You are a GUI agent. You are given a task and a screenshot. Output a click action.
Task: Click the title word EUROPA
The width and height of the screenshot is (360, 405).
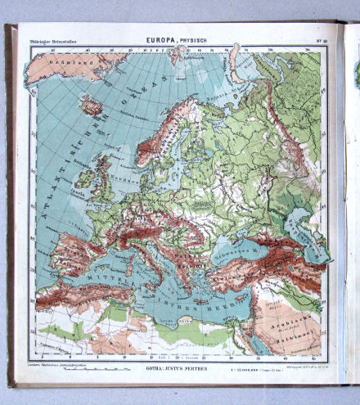160,38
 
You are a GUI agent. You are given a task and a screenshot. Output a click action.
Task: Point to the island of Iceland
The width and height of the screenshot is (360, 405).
89,106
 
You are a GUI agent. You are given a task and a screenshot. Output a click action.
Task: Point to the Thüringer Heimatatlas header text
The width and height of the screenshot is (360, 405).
53,38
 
